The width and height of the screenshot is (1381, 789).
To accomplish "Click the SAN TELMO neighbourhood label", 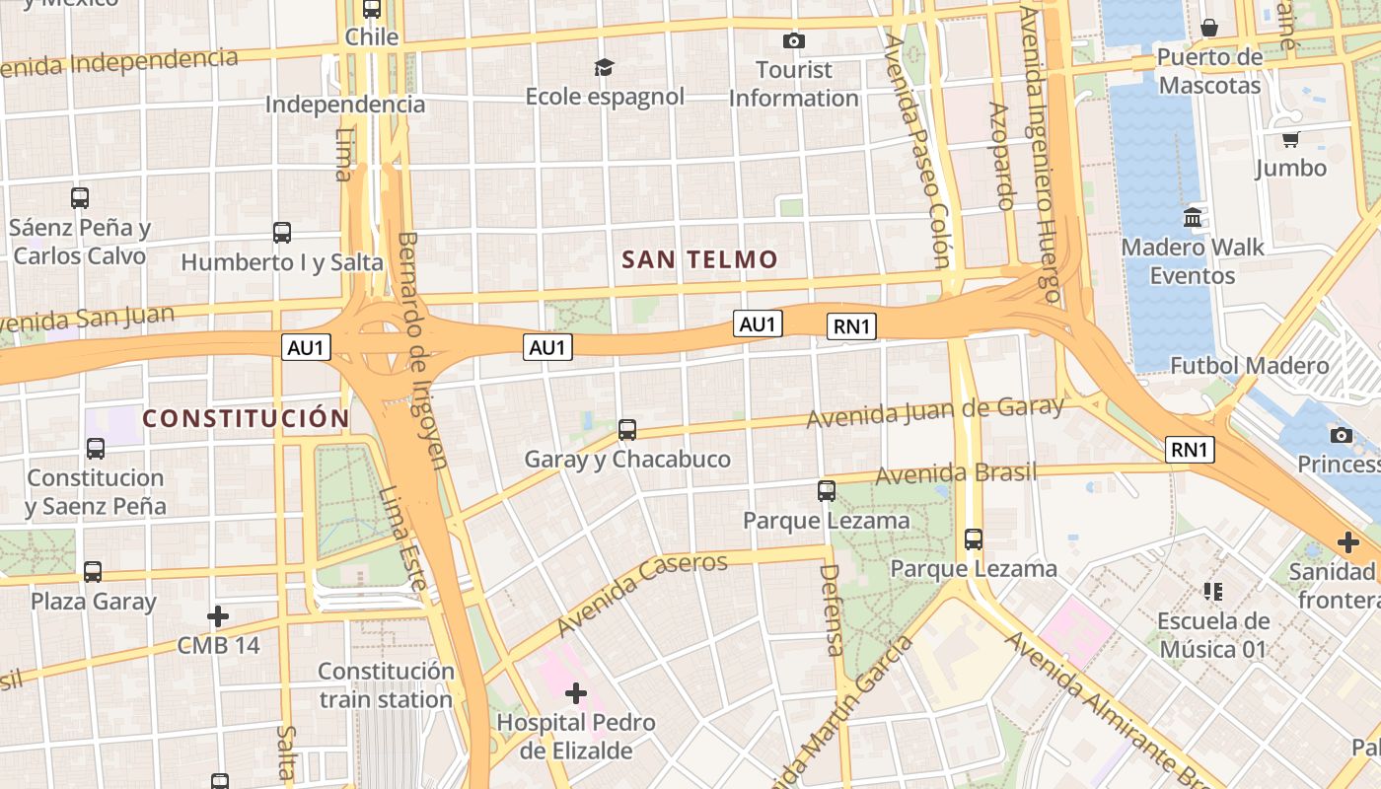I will coord(699,260).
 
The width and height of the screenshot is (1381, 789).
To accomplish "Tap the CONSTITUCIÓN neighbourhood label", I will coord(246,418).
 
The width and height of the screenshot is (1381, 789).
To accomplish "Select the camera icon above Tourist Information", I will coord(793,40).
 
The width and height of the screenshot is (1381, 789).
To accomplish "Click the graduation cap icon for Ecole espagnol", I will coord(604,67).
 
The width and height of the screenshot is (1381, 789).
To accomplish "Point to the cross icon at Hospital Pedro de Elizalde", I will coord(576,693).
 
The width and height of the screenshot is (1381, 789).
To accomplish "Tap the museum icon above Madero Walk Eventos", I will coord(1192,217).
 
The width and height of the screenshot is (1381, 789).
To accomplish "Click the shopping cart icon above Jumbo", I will coord(1290,139).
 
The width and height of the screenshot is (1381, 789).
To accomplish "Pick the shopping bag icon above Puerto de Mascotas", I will coord(1209,28).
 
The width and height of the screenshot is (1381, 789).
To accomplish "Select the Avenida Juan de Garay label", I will coord(934,412).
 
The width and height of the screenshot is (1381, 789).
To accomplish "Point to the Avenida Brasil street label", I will coord(956,473).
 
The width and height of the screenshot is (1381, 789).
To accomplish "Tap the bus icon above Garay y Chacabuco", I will coord(627,430).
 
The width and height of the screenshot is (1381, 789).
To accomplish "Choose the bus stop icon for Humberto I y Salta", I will coord(282,233).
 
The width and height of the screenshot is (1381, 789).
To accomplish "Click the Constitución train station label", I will coord(386,685).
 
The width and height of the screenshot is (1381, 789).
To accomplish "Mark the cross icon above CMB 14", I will coord(218,616).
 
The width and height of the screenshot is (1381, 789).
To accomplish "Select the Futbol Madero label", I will coord(1249,366).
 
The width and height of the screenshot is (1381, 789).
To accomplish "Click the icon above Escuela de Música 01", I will coord(1212,592).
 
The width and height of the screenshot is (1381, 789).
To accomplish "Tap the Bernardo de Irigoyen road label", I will coord(422,350).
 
